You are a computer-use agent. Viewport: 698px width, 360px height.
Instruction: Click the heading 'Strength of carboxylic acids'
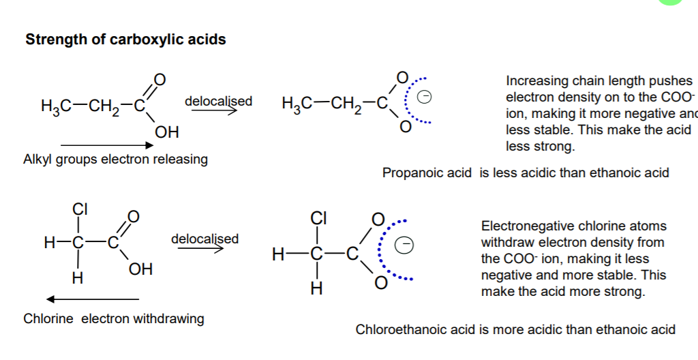tap(125, 40)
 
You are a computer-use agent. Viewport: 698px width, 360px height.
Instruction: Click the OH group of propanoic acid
tap(167, 132)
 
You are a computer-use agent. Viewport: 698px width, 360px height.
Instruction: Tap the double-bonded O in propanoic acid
tap(160, 79)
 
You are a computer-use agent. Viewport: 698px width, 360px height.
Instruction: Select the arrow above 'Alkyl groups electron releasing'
tap(107, 145)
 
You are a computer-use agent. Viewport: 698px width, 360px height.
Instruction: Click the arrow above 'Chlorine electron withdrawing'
tap(93, 299)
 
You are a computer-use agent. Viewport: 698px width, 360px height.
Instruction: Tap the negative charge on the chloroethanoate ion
tap(405, 245)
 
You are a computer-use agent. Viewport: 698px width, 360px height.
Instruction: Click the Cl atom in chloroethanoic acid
tap(80, 209)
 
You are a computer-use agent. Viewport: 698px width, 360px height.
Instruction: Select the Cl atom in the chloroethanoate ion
tap(319, 218)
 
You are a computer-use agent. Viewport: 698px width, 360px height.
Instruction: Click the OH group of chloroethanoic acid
tap(140, 269)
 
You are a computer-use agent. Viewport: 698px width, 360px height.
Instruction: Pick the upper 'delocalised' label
tap(218, 101)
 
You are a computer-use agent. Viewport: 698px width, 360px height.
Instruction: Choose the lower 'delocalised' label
tap(204, 239)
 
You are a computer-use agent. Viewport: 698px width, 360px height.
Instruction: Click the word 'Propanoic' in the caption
tap(427, 172)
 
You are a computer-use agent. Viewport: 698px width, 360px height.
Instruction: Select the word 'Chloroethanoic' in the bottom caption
tap(401, 329)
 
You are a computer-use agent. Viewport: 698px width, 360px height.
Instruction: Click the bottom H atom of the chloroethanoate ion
tap(316, 289)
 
